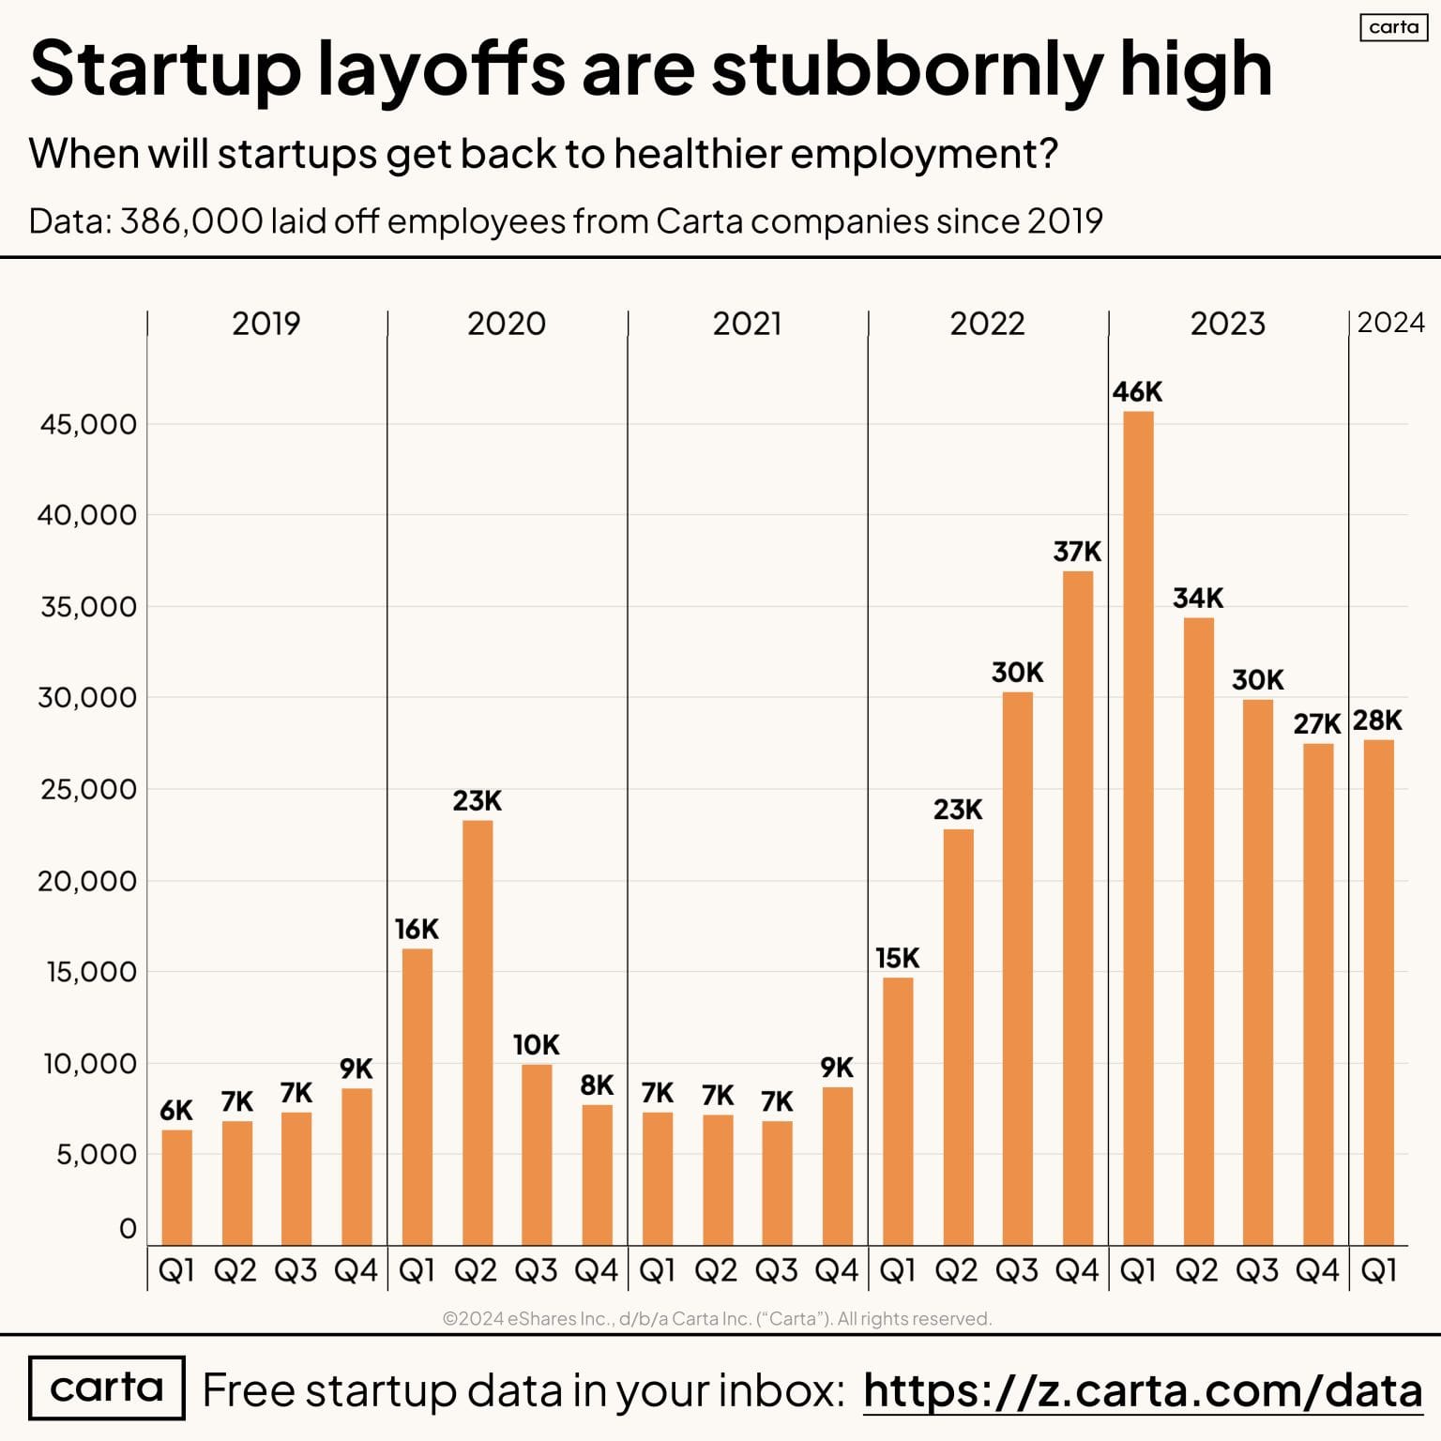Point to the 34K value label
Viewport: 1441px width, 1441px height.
(1198, 598)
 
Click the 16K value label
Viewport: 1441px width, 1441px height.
(417, 929)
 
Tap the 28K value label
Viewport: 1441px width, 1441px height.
(1377, 720)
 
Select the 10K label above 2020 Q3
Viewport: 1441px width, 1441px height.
(537, 1044)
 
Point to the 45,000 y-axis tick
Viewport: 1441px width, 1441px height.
(88, 424)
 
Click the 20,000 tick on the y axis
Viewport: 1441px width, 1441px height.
(87, 881)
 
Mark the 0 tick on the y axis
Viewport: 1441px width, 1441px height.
(128, 1228)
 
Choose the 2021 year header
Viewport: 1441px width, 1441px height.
(747, 324)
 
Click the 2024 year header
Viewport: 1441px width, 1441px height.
(1390, 323)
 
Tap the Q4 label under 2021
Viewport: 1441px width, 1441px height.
(837, 1270)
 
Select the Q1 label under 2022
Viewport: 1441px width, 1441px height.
(898, 1270)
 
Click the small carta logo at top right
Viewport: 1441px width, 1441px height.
(1393, 27)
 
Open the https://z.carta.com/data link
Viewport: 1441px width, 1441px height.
(1142, 1389)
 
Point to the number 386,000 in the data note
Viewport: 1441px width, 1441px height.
(191, 221)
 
